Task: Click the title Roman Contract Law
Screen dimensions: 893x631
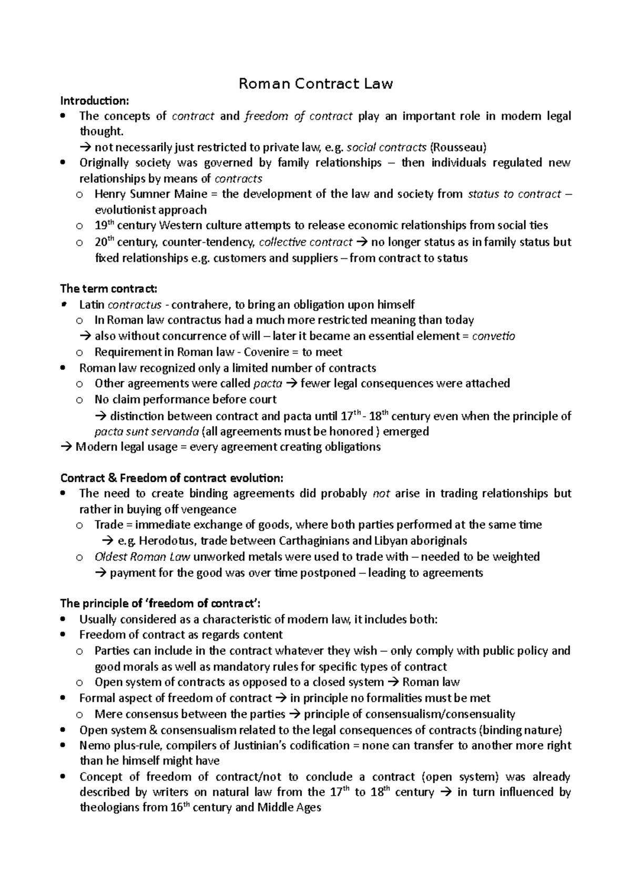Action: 315,84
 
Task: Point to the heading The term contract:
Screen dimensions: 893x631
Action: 108,289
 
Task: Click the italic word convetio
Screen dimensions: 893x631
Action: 494,336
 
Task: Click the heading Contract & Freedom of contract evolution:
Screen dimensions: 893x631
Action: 172,478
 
